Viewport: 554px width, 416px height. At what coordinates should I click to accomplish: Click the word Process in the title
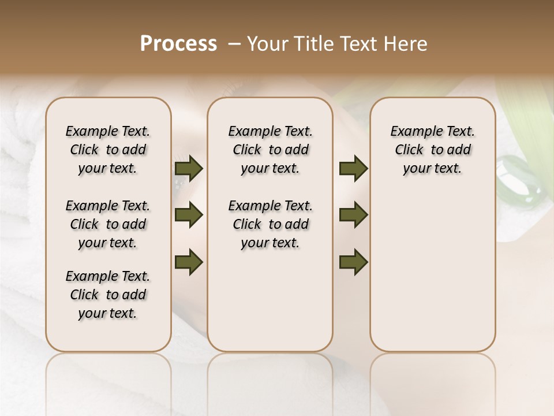click(x=178, y=44)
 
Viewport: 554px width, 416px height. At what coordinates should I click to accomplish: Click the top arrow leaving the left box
click(x=189, y=169)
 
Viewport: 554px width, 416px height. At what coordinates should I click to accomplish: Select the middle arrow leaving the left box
click(x=189, y=215)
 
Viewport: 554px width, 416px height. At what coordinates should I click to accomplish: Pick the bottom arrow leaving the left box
click(x=189, y=263)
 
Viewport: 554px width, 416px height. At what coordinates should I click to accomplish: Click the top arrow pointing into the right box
click(x=353, y=169)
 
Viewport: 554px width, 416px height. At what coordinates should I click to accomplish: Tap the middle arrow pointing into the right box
click(x=353, y=215)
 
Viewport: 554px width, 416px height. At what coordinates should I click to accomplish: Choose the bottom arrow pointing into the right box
click(x=353, y=263)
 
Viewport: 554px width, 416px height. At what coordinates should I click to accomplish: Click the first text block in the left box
click(x=108, y=150)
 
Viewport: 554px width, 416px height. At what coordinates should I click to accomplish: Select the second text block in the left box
click(x=108, y=224)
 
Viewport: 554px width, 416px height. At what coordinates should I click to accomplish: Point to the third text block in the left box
click(x=108, y=295)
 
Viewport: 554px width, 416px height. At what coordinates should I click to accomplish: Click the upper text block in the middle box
click(x=270, y=150)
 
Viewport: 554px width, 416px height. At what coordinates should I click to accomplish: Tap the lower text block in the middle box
click(x=270, y=224)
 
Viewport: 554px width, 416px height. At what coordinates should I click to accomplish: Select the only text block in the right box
click(x=432, y=150)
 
